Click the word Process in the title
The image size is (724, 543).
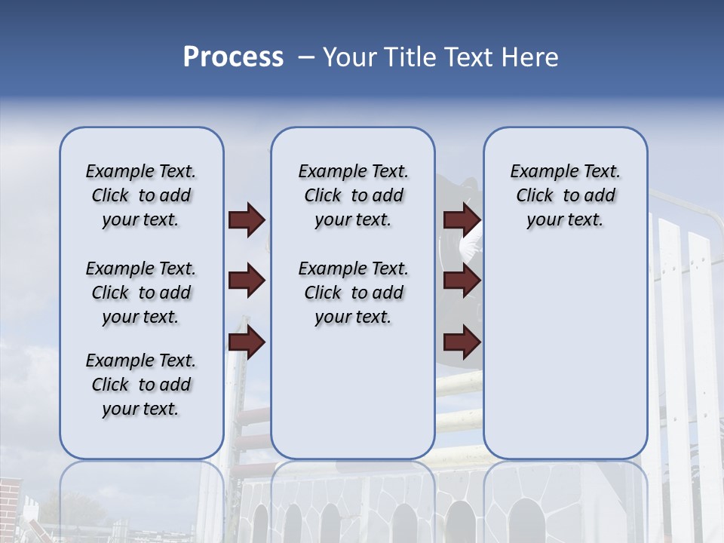233,57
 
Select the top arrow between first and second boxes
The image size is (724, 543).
247,220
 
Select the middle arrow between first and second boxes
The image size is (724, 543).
247,281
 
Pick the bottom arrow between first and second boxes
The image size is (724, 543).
247,343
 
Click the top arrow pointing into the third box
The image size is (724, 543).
462,220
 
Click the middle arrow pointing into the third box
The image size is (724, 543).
462,281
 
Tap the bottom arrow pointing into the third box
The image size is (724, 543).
462,343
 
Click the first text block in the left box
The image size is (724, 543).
141,195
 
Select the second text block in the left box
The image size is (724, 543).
141,293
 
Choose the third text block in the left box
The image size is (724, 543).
141,385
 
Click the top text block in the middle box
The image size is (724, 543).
353,195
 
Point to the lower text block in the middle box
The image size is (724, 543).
353,293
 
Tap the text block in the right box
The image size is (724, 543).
565,195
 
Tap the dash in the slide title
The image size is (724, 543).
306,57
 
